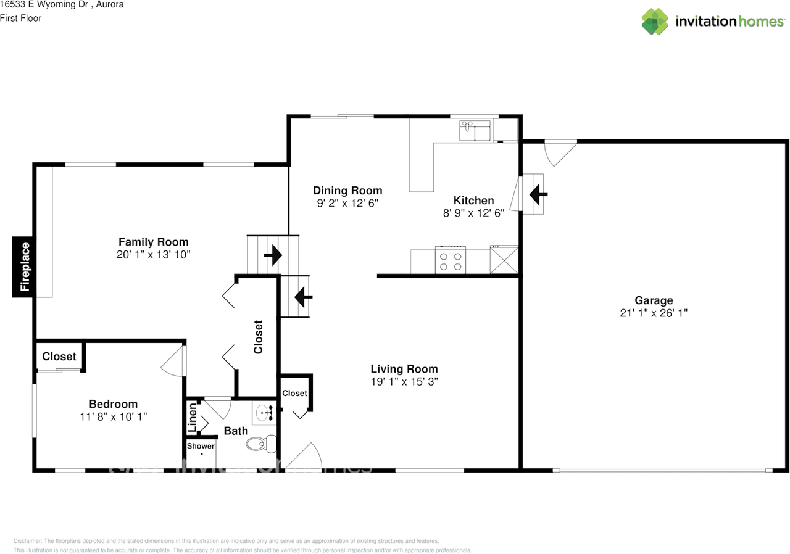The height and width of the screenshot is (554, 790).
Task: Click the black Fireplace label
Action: tap(25, 267)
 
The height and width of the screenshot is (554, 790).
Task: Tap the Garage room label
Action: tap(654, 300)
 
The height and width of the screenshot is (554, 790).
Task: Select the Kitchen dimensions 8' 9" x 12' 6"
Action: tap(473, 213)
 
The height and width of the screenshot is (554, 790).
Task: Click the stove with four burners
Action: tap(450, 260)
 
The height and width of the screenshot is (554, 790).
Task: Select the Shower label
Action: tap(201, 446)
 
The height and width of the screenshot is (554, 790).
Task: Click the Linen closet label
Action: tap(193, 417)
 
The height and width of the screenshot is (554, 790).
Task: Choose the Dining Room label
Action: tap(347, 191)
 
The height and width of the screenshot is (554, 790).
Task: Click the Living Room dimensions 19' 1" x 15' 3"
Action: tap(404, 382)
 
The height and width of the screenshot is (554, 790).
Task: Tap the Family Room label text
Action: tap(153, 242)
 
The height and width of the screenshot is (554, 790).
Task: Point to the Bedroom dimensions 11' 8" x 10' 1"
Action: tap(113, 417)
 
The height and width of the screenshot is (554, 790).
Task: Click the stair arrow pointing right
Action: tap(272, 254)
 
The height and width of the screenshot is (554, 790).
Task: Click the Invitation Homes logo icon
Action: tap(655, 22)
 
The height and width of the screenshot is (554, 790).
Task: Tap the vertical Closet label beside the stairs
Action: tap(258, 337)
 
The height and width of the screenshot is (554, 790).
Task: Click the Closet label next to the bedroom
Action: tap(59, 357)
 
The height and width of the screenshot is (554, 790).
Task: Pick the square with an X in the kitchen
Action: tap(503, 260)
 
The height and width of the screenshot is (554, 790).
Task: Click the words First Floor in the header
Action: tap(21, 18)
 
